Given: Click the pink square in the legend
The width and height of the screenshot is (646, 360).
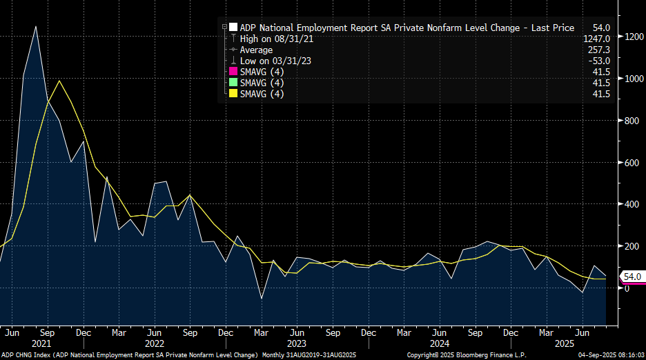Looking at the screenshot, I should (x=232, y=72).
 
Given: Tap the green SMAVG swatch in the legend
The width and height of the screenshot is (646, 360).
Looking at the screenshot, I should (x=232, y=83).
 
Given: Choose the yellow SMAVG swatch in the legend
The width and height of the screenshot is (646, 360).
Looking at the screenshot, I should (x=232, y=94).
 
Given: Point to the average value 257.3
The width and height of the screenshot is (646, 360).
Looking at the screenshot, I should (x=598, y=50).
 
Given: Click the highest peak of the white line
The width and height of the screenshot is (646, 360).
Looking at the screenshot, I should (x=36, y=26).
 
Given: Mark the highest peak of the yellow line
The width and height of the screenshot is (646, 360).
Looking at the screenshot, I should (x=59, y=81).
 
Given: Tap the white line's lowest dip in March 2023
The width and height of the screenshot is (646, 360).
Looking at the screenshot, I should (x=261, y=299).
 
